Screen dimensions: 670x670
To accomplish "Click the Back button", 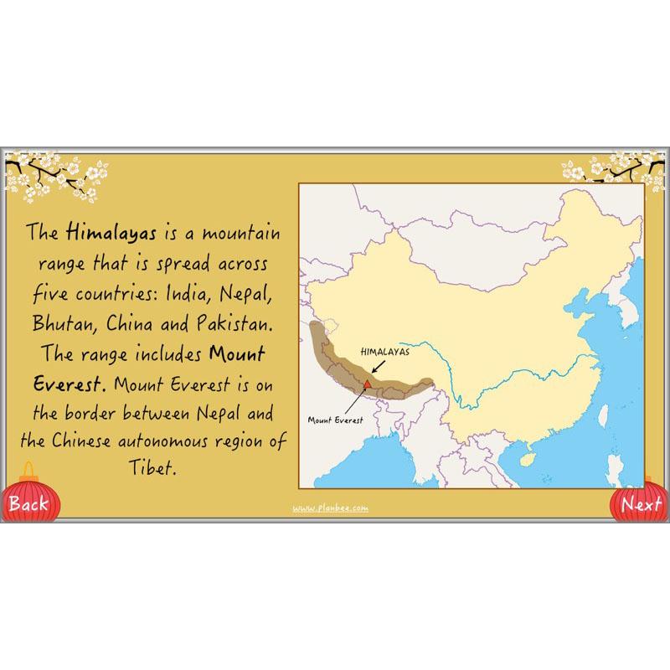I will click(x=28, y=503).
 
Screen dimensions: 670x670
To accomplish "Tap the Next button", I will click(x=642, y=504).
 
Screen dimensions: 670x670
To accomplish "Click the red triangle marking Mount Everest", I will click(x=367, y=384).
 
